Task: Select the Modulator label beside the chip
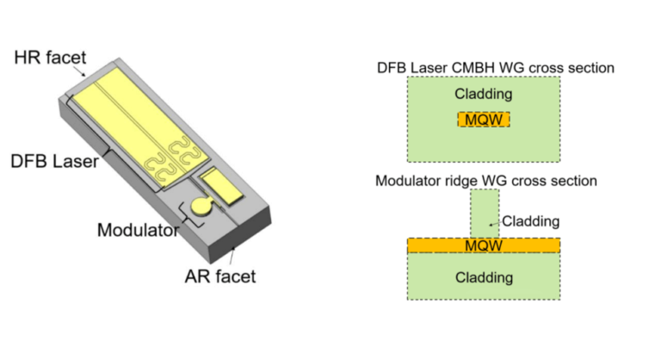(138, 230)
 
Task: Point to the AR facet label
(219, 276)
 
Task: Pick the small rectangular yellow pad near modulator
(219, 183)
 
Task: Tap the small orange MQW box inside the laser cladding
(484, 119)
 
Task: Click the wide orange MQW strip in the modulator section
(484, 246)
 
